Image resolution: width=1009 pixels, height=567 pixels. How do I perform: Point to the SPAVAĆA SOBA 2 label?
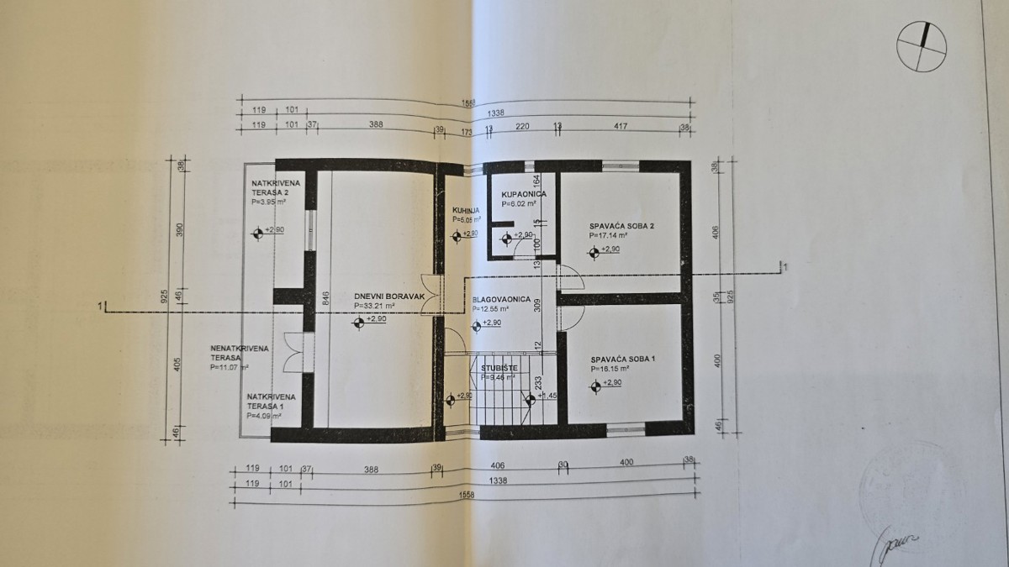click(621, 226)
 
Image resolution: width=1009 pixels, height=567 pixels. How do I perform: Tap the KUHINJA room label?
click(465, 211)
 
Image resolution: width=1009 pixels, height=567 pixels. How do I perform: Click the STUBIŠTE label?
click(499, 368)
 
